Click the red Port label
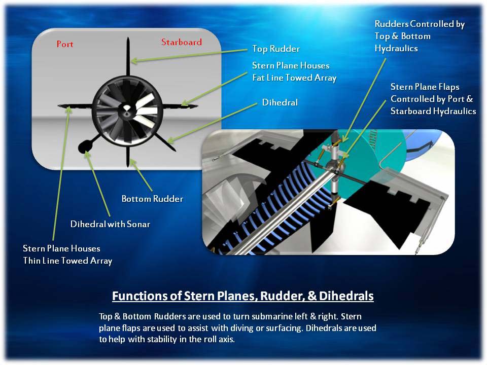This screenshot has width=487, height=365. pyautogui.click(x=65, y=45)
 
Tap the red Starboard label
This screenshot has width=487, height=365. pyautogui.click(x=182, y=42)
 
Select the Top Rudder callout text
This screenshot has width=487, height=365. pyautogui.click(x=276, y=49)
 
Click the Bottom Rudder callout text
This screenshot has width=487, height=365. pyautogui.click(x=152, y=199)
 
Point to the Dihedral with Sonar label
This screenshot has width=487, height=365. pyautogui.click(x=110, y=224)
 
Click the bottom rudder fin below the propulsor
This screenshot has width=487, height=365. pyautogui.click(x=128, y=156)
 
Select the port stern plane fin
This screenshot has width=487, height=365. pyautogui.click(x=76, y=106)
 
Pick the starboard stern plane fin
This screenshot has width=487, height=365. pyautogui.click(x=180, y=106)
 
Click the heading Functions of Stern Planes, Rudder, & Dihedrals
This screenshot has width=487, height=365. pyautogui.click(x=242, y=296)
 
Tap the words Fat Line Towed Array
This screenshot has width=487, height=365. pyautogui.click(x=294, y=78)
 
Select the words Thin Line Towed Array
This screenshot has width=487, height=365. pyautogui.click(x=67, y=261)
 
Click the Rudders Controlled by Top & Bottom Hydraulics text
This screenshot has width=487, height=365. pyautogui.click(x=420, y=36)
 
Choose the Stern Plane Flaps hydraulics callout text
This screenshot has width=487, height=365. pyautogui.click(x=433, y=99)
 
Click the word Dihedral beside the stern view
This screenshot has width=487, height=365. pyautogui.click(x=280, y=102)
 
